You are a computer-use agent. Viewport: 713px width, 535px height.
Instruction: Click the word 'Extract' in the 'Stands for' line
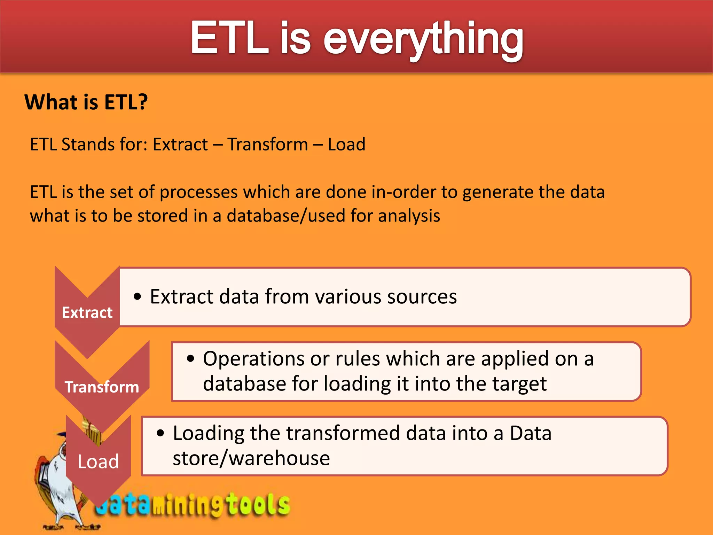point(180,144)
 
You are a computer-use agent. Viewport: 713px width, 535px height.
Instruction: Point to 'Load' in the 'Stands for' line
point(346,144)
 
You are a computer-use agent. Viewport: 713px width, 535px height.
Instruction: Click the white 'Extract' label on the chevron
point(87,312)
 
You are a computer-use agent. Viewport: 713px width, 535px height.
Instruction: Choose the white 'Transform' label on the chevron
point(102,387)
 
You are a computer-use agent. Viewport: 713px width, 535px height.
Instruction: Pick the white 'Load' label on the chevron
point(98,462)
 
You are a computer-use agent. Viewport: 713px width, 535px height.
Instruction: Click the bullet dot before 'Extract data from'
point(138,297)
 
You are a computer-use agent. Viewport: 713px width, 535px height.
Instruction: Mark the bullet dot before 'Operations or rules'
point(190,359)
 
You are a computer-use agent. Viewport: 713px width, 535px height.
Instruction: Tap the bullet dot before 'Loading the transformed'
point(160,433)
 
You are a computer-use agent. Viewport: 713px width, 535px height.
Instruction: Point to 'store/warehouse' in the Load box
point(251,458)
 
